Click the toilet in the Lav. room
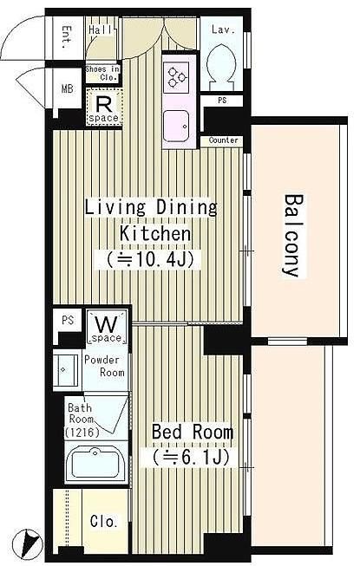pos(221,68)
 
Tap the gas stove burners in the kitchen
pos(176,77)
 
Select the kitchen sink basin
pos(176,127)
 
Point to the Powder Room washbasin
pos(66,370)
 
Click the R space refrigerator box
pos(104,107)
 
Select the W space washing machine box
pos(108,328)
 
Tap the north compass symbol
pos(27,543)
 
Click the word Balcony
pos(293,236)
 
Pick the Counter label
pos(224,140)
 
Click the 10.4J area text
pos(148,259)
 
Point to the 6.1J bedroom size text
pos(191,458)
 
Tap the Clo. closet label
pos(103,521)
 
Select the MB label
pos(67,88)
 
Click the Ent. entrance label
pos(67,37)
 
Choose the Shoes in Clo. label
pos(102,74)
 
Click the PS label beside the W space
pos(68,320)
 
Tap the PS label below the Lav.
pos(222,101)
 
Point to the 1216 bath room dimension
pos(82,432)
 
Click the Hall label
pos(100,30)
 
